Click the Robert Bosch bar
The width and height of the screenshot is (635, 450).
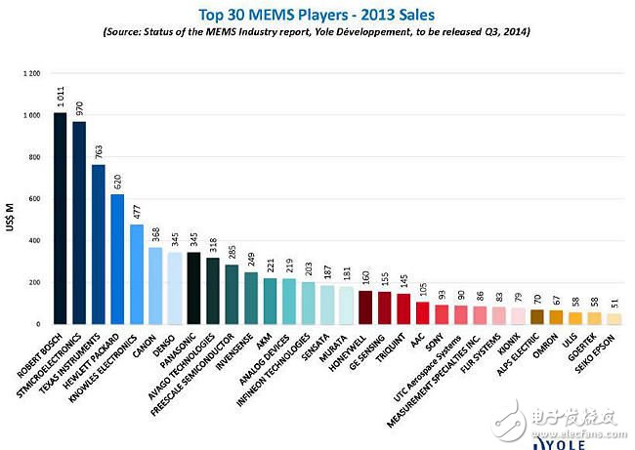(61, 219)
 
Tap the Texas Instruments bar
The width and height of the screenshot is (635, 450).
(98, 244)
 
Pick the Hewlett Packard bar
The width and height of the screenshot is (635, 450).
(117, 259)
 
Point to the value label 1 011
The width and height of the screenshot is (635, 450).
(61, 99)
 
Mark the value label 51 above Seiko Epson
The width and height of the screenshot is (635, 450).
(614, 303)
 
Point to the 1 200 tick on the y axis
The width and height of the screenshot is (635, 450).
(31, 73)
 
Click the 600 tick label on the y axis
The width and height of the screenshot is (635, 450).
(34, 199)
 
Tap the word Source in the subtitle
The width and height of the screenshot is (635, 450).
(130, 32)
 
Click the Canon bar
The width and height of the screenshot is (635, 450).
(155, 286)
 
